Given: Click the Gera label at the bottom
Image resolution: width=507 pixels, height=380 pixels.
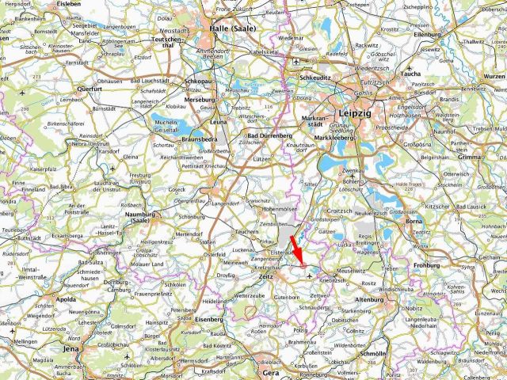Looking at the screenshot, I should tap(271, 372).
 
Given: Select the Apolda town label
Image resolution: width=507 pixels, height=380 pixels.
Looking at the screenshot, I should tap(67, 300).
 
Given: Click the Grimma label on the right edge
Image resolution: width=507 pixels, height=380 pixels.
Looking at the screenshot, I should tap(491, 157).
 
